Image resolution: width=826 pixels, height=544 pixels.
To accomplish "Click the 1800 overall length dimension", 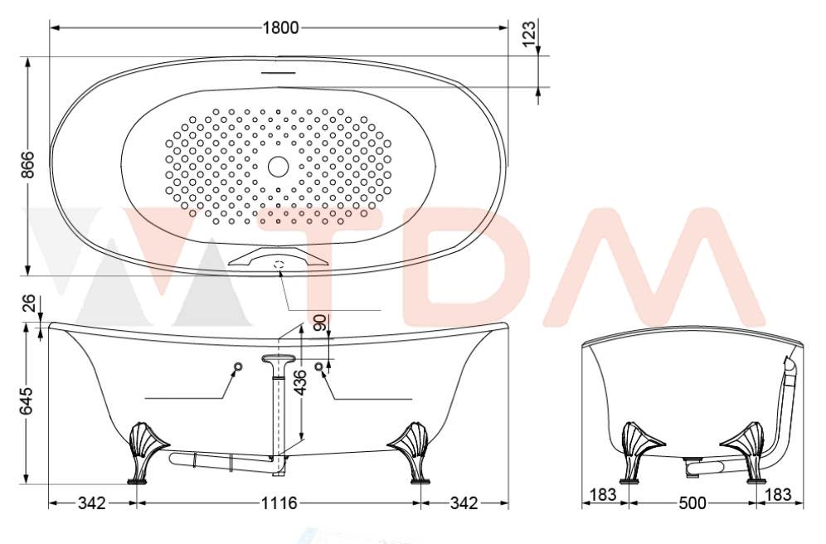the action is pos(280,27).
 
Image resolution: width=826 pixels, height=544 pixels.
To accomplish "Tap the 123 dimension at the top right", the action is pos(529,33).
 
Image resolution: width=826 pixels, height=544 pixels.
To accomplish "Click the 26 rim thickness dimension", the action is pos(30,304).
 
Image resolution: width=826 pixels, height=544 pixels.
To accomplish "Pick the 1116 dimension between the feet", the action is pos(279,503).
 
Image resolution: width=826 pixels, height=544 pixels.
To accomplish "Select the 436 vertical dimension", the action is pos(299,383).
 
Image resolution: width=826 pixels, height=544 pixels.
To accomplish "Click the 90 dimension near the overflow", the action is pos(320,323).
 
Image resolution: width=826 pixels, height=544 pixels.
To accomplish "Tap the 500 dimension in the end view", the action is pos(692,503).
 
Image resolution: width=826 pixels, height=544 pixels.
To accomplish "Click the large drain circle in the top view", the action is pos(278,167).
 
